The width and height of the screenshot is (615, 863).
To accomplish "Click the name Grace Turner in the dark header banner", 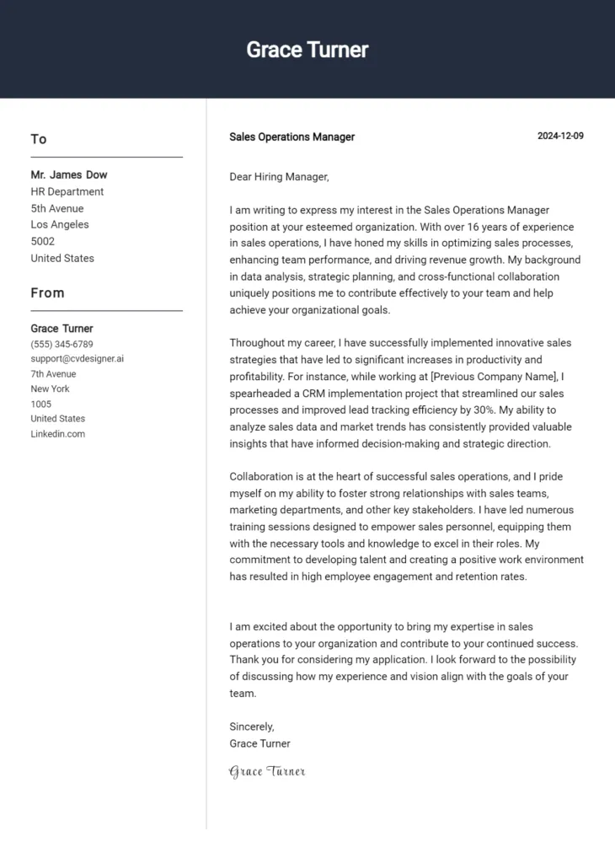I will pos(307,50).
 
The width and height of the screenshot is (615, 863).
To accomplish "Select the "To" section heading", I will pos(39,139).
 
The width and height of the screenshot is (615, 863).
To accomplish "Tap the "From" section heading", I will pos(47,292).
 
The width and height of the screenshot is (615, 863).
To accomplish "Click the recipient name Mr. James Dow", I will pos(69,174).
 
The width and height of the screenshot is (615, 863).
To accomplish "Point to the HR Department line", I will pos(67,191).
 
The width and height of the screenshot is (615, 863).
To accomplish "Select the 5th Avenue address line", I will pos(57,208).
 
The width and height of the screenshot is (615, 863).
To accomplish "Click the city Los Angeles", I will pos(60,224).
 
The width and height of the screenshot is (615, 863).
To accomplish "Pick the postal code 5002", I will pos(43,241).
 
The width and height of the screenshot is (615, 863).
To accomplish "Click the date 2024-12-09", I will pos(560,137).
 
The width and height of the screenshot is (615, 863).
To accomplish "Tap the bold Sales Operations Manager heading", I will pos(291,137).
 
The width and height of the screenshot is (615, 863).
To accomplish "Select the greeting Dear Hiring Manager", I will pos(279,177).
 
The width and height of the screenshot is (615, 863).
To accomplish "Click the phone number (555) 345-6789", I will pos(61,344).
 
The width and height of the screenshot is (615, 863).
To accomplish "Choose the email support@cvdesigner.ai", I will pos(78,358).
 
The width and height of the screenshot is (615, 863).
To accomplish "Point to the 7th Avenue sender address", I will pos(53,373).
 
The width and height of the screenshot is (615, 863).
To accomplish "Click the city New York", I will pos(50,389).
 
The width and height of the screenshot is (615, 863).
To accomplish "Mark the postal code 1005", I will pos(41,404).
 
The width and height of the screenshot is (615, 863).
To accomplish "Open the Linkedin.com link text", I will pos(57,434).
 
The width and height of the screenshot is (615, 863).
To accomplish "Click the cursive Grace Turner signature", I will pos(267,771).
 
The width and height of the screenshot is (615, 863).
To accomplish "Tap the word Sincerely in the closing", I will pos(251,726).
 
